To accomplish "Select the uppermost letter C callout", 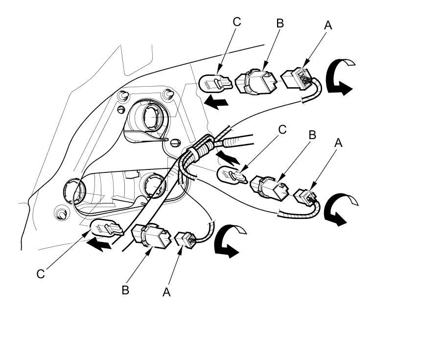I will (237, 22).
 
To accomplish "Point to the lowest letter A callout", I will (166, 292).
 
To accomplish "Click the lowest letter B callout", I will (125, 290).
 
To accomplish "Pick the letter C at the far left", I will (41, 274).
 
